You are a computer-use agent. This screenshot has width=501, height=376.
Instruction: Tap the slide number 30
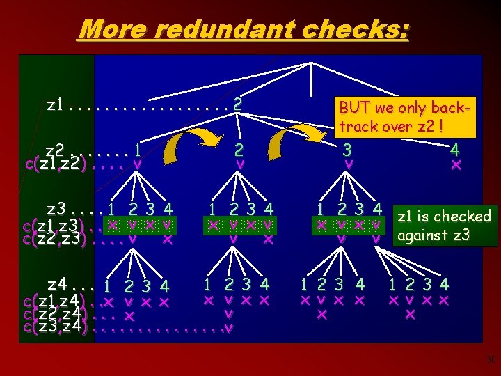[491, 359]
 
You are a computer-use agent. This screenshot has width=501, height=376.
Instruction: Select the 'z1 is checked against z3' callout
[444, 225]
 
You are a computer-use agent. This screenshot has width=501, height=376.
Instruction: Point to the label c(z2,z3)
[55, 240]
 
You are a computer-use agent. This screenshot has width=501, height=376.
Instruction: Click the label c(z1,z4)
[55, 301]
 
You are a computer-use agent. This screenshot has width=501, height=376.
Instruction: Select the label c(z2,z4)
[55, 314]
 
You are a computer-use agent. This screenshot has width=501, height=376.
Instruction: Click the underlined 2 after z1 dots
[237, 104]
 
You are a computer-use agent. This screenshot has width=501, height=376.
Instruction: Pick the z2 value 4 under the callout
[455, 150]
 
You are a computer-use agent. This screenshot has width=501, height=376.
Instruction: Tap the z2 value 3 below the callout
[348, 150]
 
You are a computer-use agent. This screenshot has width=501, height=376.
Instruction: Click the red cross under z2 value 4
[456, 165]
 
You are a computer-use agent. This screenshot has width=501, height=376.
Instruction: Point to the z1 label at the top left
[56, 104]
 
